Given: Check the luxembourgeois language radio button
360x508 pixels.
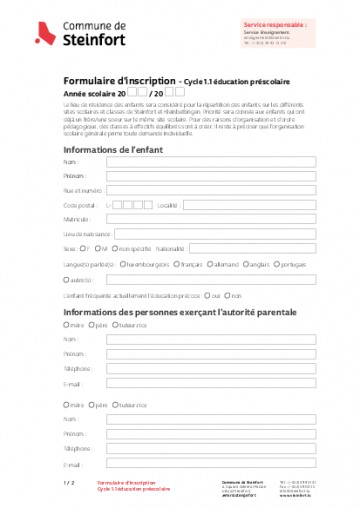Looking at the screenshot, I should (122, 265).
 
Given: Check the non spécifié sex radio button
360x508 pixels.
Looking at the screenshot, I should (115, 248).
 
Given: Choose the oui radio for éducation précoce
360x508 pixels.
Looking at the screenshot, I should (205, 296).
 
